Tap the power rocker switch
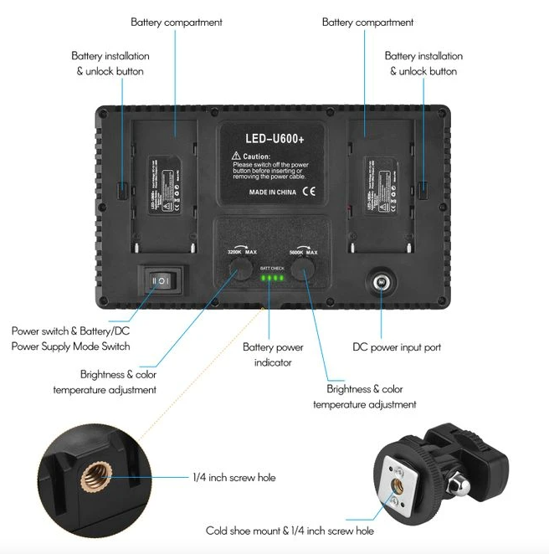point(159,281)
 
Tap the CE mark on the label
point(308,192)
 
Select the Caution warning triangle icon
point(238,156)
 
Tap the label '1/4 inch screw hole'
point(233,478)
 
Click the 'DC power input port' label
point(397,346)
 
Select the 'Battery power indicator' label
point(273,355)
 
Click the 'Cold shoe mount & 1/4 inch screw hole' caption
point(290,531)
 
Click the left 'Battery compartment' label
point(177,23)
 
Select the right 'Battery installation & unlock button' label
point(423,64)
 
